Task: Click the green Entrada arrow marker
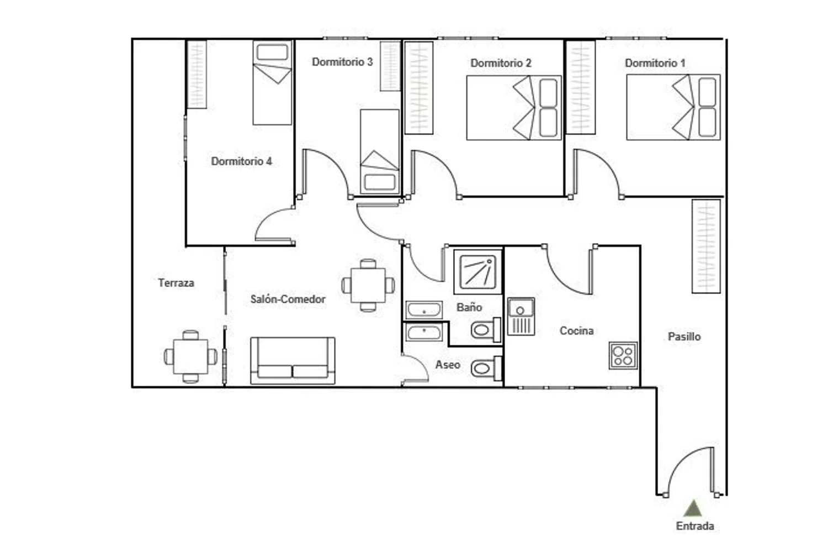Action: click(x=693, y=508)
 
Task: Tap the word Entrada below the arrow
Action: click(x=695, y=526)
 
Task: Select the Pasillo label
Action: click(x=684, y=336)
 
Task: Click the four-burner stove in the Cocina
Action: click(x=623, y=355)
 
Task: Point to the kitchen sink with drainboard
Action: click(x=521, y=317)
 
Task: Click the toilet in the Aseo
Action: click(x=486, y=368)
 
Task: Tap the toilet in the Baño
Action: click(x=486, y=329)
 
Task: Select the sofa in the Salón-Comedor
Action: click(x=293, y=360)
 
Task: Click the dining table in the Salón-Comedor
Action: click(x=368, y=285)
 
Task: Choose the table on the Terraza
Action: click(x=190, y=356)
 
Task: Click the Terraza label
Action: click(x=176, y=283)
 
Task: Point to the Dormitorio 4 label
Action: click(x=241, y=161)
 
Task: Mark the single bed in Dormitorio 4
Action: click(x=273, y=82)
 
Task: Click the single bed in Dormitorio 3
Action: click(x=380, y=151)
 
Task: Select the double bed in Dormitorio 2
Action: click(x=514, y=108)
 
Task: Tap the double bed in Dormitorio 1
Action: click(x=673, y=107)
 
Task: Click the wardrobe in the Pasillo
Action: click(x=706, y=246)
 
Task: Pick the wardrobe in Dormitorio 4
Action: click(x=197, y=75)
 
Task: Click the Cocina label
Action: click(x=577, y=330)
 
